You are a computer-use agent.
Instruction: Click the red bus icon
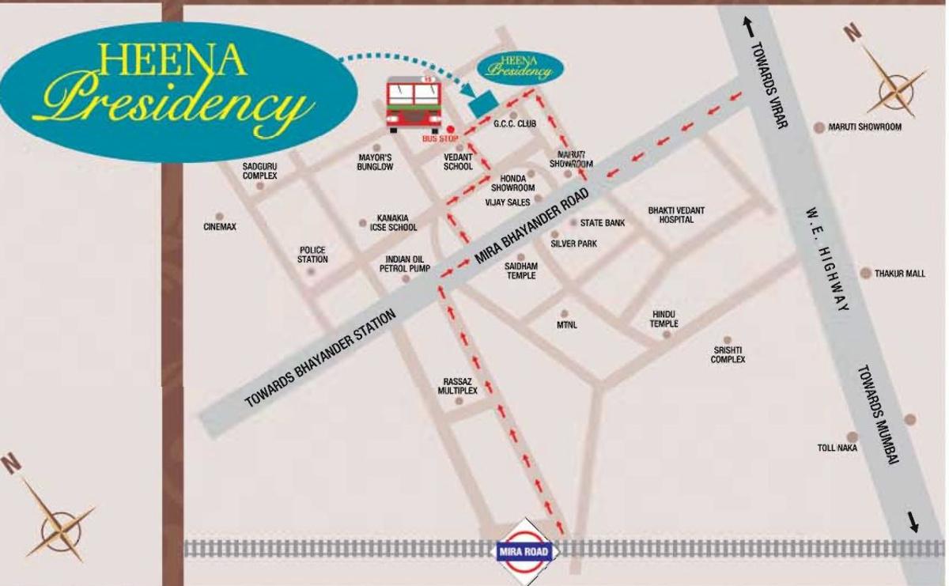click(x=414, y=104)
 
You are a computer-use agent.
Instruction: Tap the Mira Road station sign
click(x=526, y=549)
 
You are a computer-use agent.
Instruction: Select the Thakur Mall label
click(x=899, y=274)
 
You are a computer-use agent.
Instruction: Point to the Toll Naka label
click(x=837, y=448)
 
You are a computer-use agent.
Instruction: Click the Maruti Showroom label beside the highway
click(x=864, y=127)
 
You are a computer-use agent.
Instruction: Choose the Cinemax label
click(x=220, y=227)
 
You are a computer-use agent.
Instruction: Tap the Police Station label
click(x=312, y=255)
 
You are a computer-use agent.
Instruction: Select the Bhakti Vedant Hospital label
click(x=676, y=215)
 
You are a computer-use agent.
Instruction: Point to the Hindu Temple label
click(x=664, y=319)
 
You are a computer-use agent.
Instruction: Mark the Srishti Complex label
click(x=728, y=355)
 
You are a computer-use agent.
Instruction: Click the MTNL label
click(x=565, y=324)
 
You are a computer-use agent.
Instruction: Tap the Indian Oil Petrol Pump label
click(x=404, y=264)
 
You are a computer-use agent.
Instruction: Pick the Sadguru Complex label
click(x=260, y=171)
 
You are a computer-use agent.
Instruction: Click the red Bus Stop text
click(x=440, y=139)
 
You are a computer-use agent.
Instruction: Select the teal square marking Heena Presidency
click(x=482, y=104)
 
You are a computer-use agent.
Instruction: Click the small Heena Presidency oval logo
click(x=520, y=67)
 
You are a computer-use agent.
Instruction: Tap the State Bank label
click(x=603, y=223)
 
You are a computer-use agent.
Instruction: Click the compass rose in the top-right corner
click(x=894, y=79)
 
